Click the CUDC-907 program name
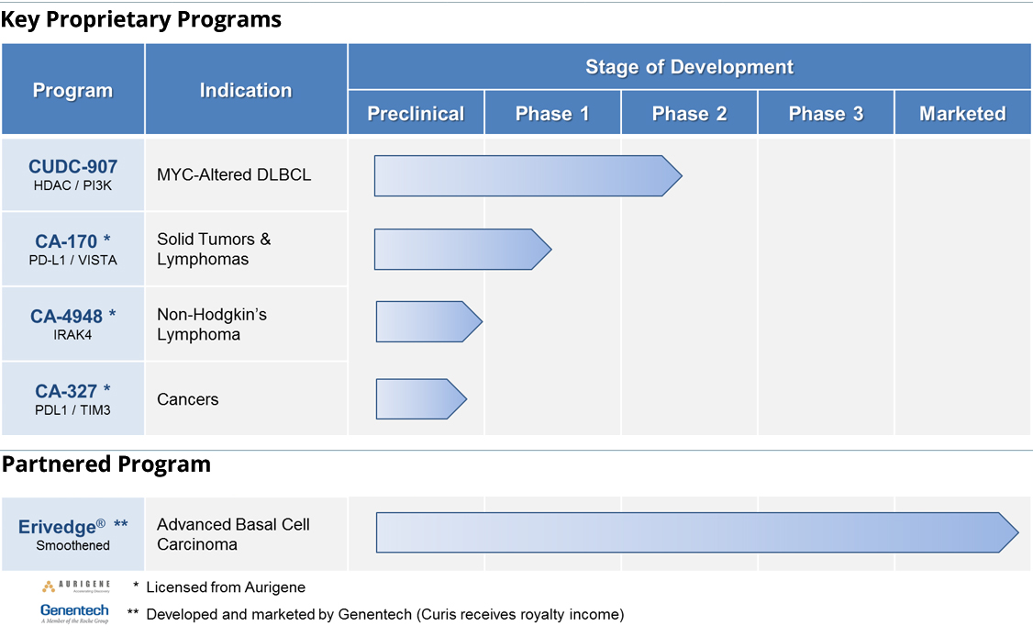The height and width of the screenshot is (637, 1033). tap(72, 167)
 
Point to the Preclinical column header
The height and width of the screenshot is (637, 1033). tap(416, 114)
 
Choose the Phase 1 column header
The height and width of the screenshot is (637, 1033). tap(552, 114)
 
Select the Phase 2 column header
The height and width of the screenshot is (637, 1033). tap(689, 114)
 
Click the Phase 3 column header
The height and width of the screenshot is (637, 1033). tap(827, 114)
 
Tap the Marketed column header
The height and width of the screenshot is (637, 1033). tap(962, 114)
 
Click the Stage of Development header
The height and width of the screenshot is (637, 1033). tap(689, 67)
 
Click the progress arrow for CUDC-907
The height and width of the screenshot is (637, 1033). tap(528, 176)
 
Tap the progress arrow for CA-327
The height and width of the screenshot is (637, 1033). tap(421, 399)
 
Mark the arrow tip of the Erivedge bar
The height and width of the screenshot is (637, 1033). tap(1018, 532)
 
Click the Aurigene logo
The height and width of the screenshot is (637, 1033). tap(76, 587)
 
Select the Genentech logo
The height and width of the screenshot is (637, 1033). tap(74, 612)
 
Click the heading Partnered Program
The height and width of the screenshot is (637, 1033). tap(106, 464)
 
